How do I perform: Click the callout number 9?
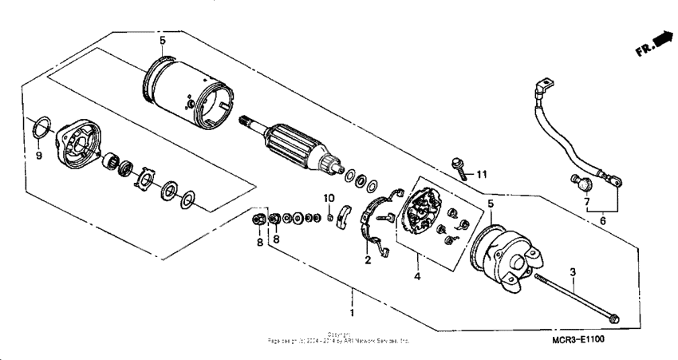37,156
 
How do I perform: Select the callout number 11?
481,173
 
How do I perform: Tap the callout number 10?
329,198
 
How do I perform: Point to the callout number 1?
352,305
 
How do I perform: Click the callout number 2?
369,260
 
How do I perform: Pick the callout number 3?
573,273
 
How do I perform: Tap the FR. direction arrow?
659,39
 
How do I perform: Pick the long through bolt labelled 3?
574,295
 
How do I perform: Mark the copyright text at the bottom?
339,338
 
